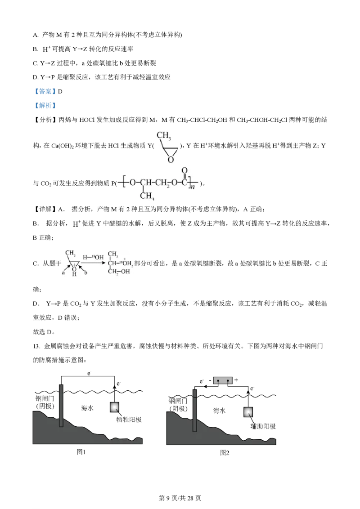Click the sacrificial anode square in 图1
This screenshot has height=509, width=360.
click(x=114, y=407)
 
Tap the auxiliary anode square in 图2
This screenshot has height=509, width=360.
click(x=248, y=412)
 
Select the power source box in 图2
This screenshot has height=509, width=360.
click(x=223, y=380)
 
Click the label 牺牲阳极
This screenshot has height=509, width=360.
click(x=129, y=420)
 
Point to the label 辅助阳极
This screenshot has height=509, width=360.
click(x=263, y=426)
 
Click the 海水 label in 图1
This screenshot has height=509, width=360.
click(x=87, y=408)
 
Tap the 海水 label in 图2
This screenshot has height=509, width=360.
click(x=219, y=411)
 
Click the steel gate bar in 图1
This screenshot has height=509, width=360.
click(x=61, y=406)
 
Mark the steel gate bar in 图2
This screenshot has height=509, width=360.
click(x=194, y=411)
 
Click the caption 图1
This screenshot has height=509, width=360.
click(x=81, y=451)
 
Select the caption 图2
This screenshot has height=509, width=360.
click(x=225, y=452)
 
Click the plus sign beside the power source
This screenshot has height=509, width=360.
click(x=236, y=380)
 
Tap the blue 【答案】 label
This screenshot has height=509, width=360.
click(x=45, y=91)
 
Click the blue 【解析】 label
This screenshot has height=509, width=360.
click(x=45, y=106)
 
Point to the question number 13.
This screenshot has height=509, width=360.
click(x=36, y=346)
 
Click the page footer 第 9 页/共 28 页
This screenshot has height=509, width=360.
click(x=180, y=498)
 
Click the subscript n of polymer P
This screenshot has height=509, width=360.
click(x=192, y=186)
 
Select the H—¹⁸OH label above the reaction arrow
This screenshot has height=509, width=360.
click(x=93, y=257)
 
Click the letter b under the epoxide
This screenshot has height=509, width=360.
click(x=86, y=272)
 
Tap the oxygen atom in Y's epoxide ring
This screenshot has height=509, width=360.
click(x=171, y=159)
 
